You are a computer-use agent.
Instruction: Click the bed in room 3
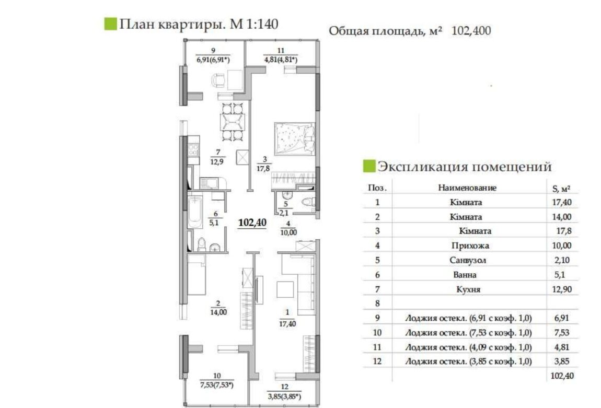[294, 138]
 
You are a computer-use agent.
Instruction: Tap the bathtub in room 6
[195, 212]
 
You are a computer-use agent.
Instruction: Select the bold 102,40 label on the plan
[252, 223]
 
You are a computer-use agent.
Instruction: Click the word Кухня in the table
[468, 289]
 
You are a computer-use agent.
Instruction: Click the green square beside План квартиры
[110, 24]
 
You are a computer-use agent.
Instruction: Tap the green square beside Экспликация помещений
[369, 166]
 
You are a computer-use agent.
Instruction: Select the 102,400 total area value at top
[471, 31]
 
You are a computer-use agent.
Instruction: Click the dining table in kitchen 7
[232, 122]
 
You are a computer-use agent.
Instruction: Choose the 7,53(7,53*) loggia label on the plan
[216, 385]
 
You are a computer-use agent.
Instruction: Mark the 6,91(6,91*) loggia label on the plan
[213, 60]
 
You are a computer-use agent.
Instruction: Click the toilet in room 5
[309, 202]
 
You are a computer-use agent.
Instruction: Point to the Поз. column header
[377, 188]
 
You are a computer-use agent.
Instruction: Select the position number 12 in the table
[377, 362]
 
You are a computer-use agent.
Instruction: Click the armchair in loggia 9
[218, 80]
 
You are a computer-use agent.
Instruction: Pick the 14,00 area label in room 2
[218, 312]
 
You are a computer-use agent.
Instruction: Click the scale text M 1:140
[254, 24]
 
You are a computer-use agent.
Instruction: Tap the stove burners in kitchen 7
[193, 150]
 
